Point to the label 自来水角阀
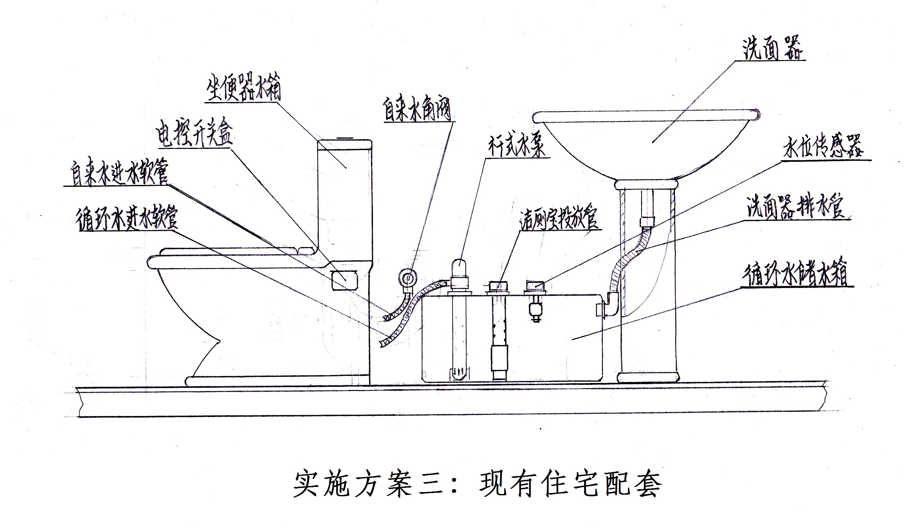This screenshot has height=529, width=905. [x=417, y=109]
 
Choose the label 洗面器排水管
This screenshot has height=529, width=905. [x=796, y=207]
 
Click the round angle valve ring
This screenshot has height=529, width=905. [x=407, y=278]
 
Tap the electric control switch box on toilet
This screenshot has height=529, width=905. [x=344, y=280]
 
